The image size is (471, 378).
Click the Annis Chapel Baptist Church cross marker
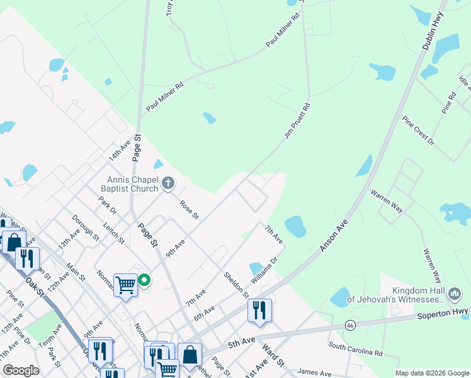click(x=167, y=183)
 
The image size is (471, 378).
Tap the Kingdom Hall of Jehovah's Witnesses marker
click(x=454, y=293)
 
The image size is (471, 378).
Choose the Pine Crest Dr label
click(x=419, y=130)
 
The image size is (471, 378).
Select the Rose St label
click(x=189, y=210)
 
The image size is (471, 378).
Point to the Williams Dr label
click(x=265, y=270)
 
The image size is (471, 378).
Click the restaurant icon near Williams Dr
click(x=259, y=310)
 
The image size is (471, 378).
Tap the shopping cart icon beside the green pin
click(x=125, y=285)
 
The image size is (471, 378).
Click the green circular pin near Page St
click(x=144, y=280)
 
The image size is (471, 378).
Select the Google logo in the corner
click(x=21, y=370)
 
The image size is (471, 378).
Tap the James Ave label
click(x=314, y=372)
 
